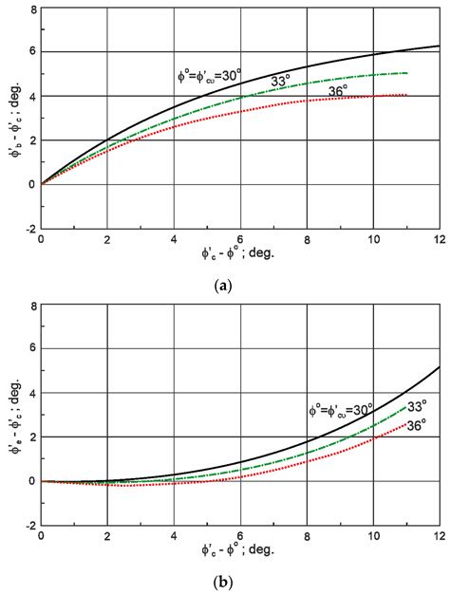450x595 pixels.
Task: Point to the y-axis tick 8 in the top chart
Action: (x=31, y=9)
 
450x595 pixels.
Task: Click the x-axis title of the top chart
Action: (x=236, y=257)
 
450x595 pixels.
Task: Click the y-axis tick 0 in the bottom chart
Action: (x=31, y=481)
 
